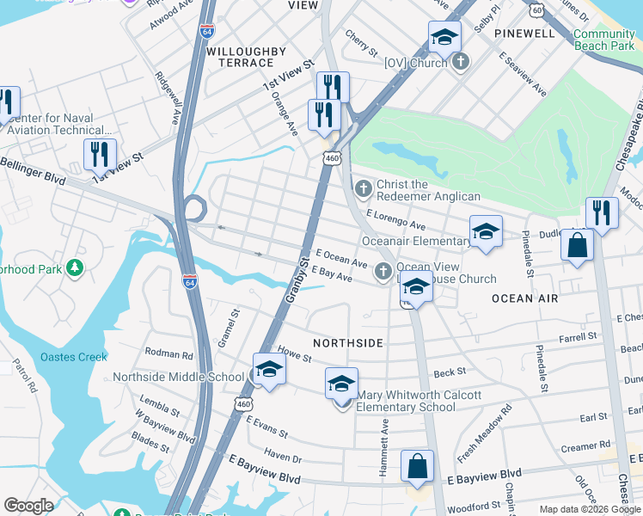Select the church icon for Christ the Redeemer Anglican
coord(364,187)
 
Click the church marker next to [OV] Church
coord(460,62)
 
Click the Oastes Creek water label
coord(74,357)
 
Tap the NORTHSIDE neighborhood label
coord(347,342)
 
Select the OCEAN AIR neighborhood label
coord(525,298)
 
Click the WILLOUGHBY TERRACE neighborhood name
coord(246,58)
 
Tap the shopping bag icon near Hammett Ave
coord(417,468)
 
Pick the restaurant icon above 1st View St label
coord(100,154)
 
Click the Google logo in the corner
coord(28,506)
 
